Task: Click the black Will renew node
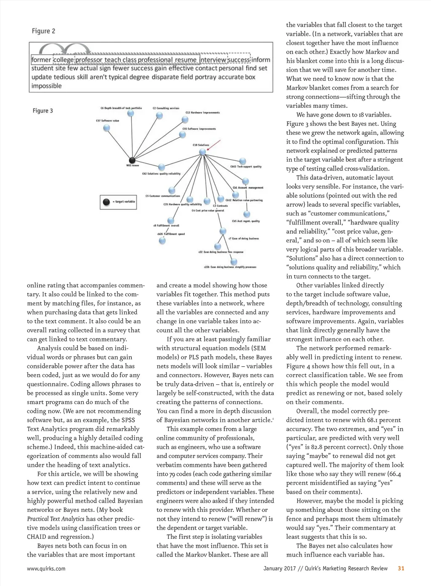[x=132, y=160]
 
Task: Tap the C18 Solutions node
[x=202, y=151]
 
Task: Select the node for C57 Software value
[x=106, y=128]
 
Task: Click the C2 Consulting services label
[x=166, y=108]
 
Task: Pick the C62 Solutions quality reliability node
[x=161, y=168]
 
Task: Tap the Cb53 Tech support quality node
[x=242, y=161]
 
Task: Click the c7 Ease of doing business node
[x=223, y=231]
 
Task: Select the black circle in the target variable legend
[x=106, y=202]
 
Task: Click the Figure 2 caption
[x=43, y=31]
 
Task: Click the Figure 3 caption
[x=43, y=111]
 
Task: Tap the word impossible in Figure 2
[x=46, y=86]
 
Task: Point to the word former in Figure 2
[x=41, y=60]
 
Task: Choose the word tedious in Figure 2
[x=64, y=77]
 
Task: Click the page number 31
[x=401, y=568]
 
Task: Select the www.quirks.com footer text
[x=46, y=569]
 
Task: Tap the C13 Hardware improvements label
[x=202, y=113]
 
